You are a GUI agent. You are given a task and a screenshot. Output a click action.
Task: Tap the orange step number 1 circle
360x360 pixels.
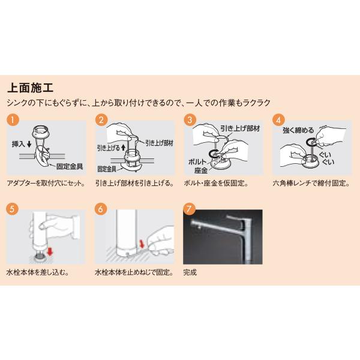point(11,119)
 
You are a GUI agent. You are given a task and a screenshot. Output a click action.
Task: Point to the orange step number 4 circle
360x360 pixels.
point(278,119)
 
